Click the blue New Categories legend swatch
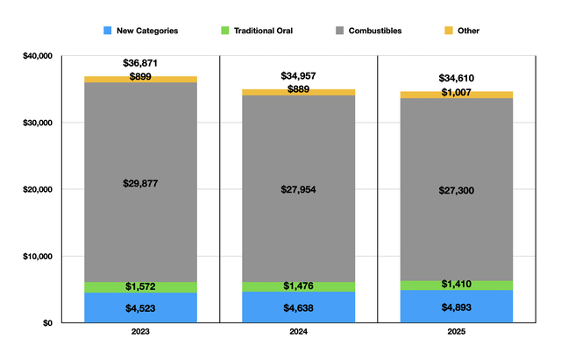point(107,31)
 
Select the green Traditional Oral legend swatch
point(224,31)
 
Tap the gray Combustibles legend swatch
point(339,31)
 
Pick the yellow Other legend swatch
point(449,31)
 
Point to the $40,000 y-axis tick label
point(38,56)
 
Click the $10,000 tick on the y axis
point(38,257)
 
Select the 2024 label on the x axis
point(298,332)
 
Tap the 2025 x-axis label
point(456,332)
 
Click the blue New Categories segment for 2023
point(140,307)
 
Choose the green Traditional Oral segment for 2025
point(457,286)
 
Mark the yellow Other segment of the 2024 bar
point(298,92)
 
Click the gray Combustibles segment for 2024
point(298,188)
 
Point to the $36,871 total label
point(140,63)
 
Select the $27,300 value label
point(457,190)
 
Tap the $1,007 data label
point(456,93)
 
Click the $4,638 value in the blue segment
point(298,307)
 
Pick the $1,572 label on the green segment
point(140,286)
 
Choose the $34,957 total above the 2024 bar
point(298,76)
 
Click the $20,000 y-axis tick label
point(38,189)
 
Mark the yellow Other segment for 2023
point(140,80)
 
